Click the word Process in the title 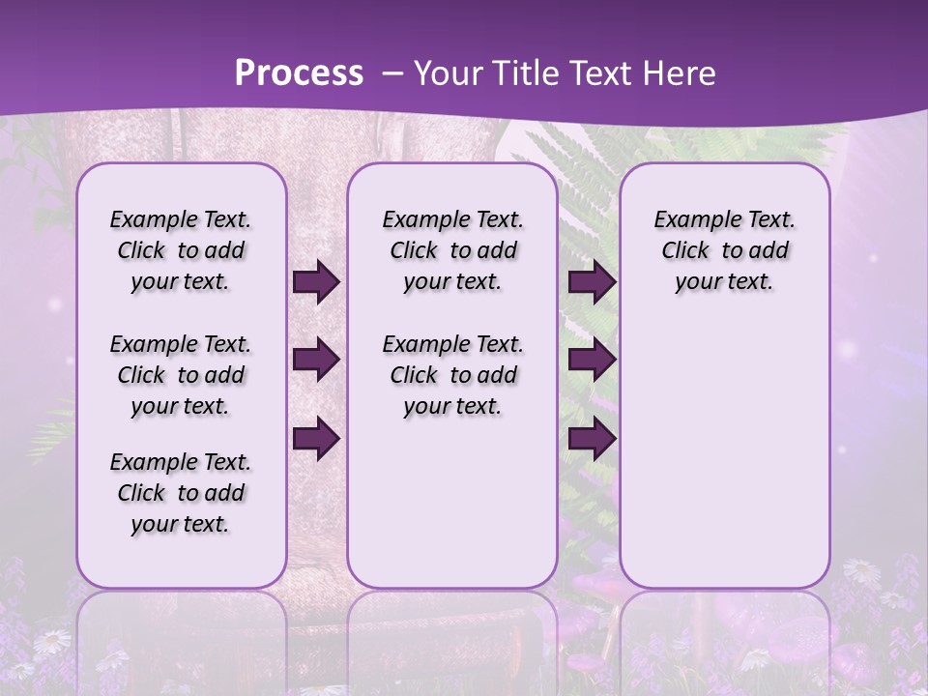point(299,73)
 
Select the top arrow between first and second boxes point(316,281)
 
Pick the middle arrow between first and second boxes point(316,360)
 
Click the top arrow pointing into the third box point(592,281)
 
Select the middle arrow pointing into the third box point(592,360)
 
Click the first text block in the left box point(181,250)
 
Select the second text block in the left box point(181,375)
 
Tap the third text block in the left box point(181,493)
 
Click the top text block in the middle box point(452,250)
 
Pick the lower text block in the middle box point(452,375)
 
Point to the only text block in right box point(724,250)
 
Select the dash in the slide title point(392,73)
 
